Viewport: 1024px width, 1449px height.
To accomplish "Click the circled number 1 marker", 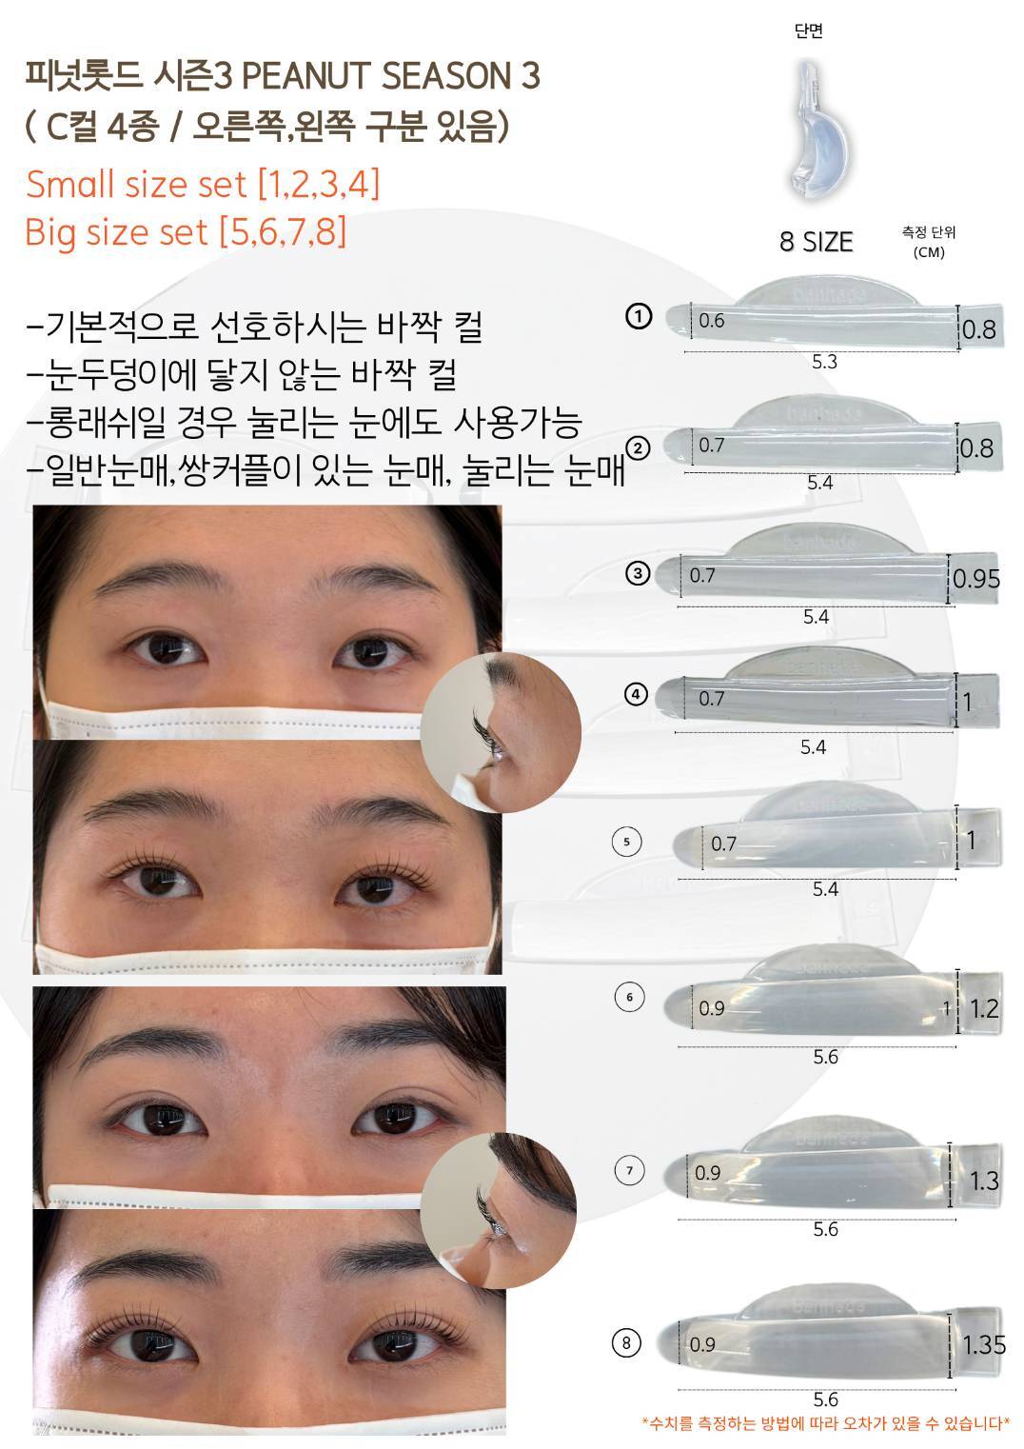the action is click(x=639, y=316).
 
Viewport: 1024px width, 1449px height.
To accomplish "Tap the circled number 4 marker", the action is click(x=636, y=695).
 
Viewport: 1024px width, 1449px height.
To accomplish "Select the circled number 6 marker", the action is click(x=629, y=997).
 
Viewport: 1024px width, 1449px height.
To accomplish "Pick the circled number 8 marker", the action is click(x=626, y=1343).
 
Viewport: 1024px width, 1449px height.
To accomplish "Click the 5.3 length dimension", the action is click(x=824, y=362).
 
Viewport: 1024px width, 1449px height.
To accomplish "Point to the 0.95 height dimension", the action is click(x=976, y=578).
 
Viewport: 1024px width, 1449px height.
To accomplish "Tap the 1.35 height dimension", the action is click(x=984, y=1345).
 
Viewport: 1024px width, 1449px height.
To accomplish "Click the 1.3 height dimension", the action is click(x=984, y=1181).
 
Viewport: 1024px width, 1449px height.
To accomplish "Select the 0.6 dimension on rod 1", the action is click(x=711, y=320).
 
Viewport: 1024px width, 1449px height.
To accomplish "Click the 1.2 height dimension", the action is click(x=984, y=1008).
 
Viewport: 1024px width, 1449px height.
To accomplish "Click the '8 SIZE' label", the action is click(x=816, y=242).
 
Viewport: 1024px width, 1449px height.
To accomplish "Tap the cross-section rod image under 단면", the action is click(x=817, y=129).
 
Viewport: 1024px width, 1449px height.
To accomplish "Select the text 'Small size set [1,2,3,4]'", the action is click(x=203, y=184).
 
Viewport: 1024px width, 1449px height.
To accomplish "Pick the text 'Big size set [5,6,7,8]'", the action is click(x=186, y=231).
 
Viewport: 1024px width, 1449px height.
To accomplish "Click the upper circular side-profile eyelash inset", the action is click(x=501, y=732).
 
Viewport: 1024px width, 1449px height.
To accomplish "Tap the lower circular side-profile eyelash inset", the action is click(x=499, y=1210).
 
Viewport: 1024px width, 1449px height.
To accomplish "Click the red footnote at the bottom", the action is click(x=825, y=1423).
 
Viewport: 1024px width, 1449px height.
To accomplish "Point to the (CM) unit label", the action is click(x=928, y=251).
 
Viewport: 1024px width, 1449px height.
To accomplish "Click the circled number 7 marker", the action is click(x=630, y=1170).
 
